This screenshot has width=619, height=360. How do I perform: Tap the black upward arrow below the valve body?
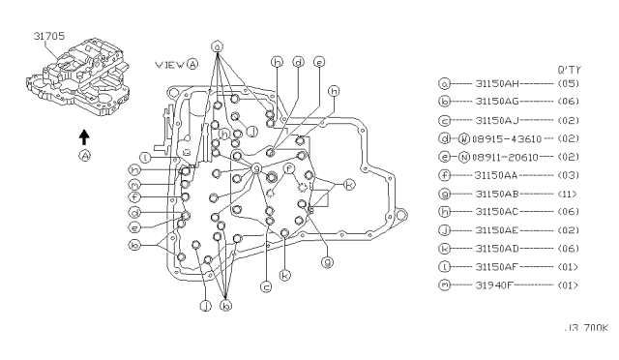pyautogui.click(x=84, y=135)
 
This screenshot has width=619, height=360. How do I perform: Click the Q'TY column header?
pyautogui.click(x=569, y=69)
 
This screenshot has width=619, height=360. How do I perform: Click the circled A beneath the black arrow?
pyautogui.click(x=84, y=155)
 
